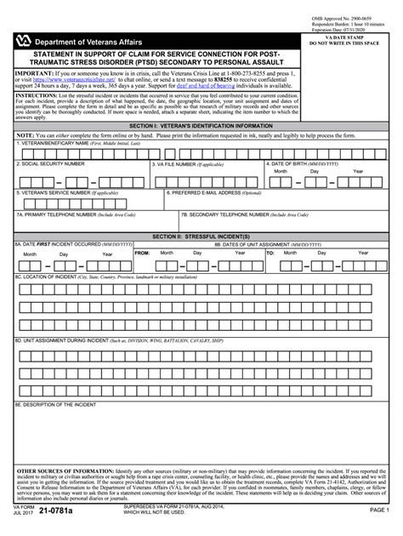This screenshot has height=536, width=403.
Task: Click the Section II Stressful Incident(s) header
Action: (x=201, y=234)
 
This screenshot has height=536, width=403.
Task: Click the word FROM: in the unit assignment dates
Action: (x=142, y=254)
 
